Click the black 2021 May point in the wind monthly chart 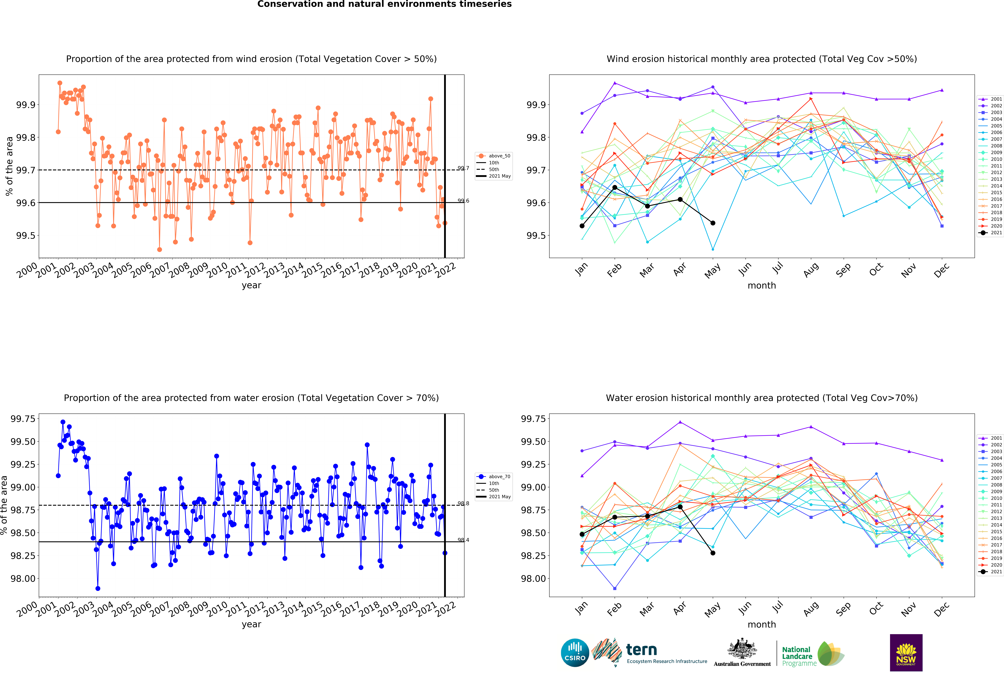point(713,223)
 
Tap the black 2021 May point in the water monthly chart point(713,553)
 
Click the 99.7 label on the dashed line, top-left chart point(463,168)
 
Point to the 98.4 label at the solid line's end point(463,540)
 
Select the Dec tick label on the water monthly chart point(941,609)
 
